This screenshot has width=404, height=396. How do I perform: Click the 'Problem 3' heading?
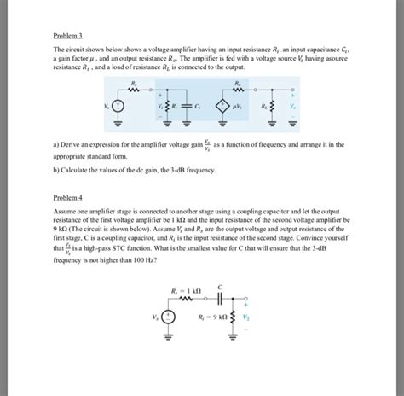[67, 37]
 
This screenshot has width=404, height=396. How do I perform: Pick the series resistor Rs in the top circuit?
[135, 89]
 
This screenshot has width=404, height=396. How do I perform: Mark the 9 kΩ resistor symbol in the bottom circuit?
[231, 317]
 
